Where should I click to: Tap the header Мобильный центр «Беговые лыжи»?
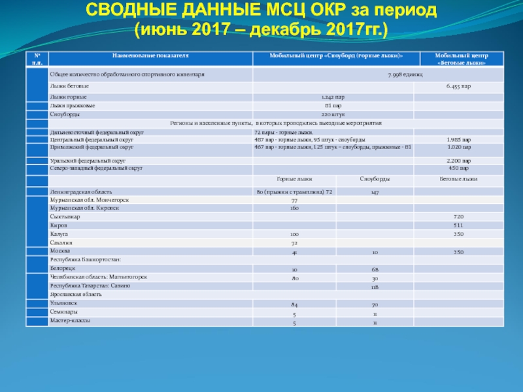[462, 60]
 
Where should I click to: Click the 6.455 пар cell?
[459, 86]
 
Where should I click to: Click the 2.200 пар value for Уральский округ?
[459, 160]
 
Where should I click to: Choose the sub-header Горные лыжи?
[294, 178]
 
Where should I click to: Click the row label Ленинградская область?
[77, 192]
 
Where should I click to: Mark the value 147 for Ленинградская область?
[375, 192]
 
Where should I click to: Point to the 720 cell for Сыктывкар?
[459, 216]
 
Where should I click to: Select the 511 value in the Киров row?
[459, 225]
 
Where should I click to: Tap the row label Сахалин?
[61, 242]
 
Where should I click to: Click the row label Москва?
[59, 251]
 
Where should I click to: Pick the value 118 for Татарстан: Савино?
[375, 287]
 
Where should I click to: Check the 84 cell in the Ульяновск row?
[295, 304]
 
